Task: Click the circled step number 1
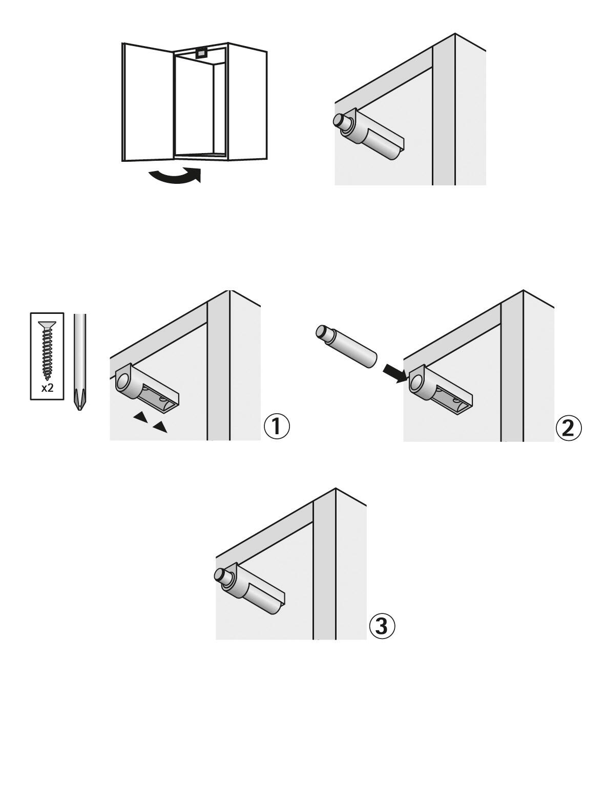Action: coord(277,427)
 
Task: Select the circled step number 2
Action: coord(569,428)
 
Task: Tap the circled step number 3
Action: coord(382,626)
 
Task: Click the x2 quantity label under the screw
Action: coord(47,388)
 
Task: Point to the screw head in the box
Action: coord(47,325)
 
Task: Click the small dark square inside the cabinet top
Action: coord(201,52)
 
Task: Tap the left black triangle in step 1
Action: coord(140,418)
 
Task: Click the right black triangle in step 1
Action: coord(160,427)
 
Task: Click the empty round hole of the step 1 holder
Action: coord(123,380)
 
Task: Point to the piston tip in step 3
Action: coord(220,575)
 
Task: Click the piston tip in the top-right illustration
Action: coord(340,120)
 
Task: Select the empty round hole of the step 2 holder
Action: coord(416,381)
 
